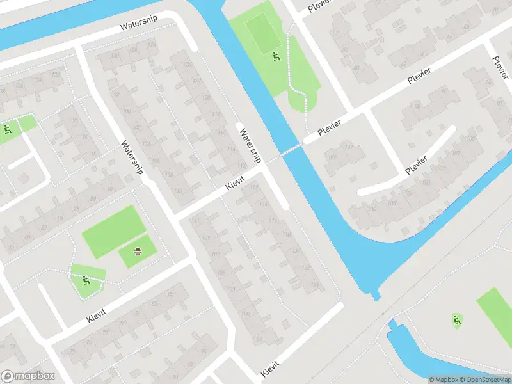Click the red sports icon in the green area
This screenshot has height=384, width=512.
[x=138, y=250]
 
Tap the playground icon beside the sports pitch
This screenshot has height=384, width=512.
[x=276, y=56]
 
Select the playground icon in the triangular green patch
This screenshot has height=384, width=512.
[x=86, y=280]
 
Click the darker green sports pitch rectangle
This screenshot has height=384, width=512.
[x=262, y=33]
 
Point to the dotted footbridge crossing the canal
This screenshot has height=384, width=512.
[x=291, y=150]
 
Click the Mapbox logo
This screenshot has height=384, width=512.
[x=28, y=376]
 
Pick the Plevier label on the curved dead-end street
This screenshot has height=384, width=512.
[x=416, y=165]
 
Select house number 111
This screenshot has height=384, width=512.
[x=195, y=221]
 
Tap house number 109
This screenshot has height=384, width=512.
[x=205, y=238]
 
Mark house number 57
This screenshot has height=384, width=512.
[x=335, y=33]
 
